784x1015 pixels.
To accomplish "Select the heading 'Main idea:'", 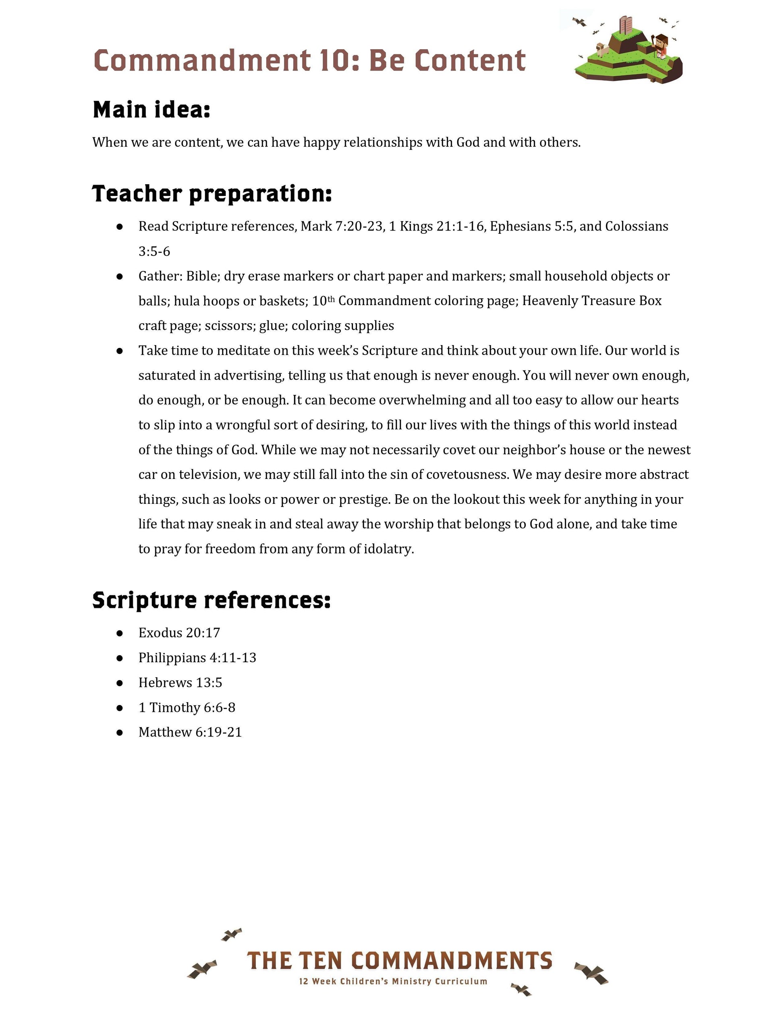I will click(x=151, y=110).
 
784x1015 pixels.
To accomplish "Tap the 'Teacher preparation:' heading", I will click(x=212, y=194).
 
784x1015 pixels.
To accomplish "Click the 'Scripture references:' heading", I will click(x=212, y=600).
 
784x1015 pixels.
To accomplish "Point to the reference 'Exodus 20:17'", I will click(x=179, y=633).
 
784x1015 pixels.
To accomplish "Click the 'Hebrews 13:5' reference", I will click(x=180, y=683).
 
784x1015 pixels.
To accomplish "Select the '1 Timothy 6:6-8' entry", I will click(x=187, y=708).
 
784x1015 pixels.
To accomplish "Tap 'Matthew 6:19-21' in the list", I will click(x=190, y=732).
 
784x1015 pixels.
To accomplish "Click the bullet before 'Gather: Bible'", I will click(x=120, y=277).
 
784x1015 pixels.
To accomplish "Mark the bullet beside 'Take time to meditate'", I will click(x=120, y=351).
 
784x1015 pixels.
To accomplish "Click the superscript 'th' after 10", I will click(x=331, y=299).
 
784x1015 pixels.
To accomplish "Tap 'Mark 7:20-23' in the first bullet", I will click(x=342, y=226).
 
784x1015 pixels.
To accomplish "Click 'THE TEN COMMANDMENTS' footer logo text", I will click(x=399, y=961).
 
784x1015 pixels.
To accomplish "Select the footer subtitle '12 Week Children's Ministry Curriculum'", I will click(x=393, y=982).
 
